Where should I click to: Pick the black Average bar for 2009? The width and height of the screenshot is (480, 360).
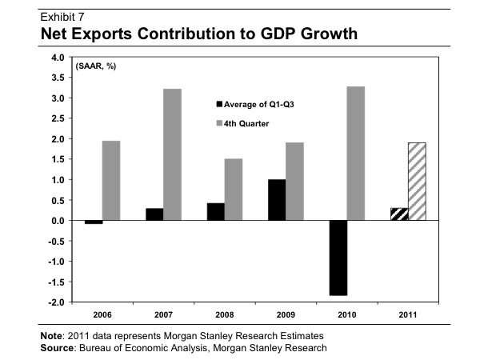tap(276, 200)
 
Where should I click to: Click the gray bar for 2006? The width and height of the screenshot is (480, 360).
tap(111, 181)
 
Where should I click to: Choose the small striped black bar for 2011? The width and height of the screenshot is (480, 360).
tap(398, 214)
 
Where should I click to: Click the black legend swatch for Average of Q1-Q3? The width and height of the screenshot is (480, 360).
tap(220, 103)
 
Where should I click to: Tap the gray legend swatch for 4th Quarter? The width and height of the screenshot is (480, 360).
tap(220, 123)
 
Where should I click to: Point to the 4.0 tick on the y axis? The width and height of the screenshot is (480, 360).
tap(57, 58)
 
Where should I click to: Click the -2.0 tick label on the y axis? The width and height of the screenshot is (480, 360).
tap(55, 302)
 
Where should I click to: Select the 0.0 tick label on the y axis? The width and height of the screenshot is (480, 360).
tap(57, 221)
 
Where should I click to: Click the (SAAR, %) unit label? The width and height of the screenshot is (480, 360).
tap(96, 66)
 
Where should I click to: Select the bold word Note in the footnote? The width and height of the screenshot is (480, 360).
tap(54, 336)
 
